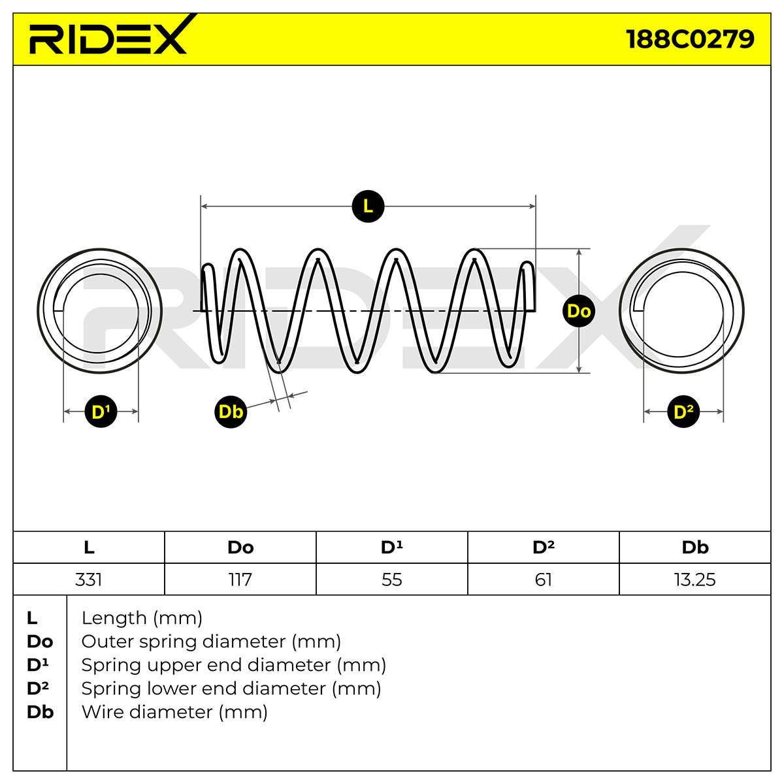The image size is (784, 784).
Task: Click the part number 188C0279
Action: (690, 39)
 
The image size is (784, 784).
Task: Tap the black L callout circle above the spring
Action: (368, 206)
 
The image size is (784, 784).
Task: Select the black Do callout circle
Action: (579, 311)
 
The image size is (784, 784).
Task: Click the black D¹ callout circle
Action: (101, 412)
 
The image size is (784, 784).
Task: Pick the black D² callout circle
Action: (683, 412)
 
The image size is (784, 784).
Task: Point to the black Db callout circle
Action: (231, 412)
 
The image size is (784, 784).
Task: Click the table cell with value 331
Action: (89, 580)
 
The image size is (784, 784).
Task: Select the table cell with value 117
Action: (240, 580)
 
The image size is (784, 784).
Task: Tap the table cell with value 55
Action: (392, 580)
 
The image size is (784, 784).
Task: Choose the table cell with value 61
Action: (544, 580)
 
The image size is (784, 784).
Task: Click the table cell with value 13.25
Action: (695, 580)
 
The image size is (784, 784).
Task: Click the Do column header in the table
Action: (240, 547)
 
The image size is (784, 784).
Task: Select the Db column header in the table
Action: (695, 547)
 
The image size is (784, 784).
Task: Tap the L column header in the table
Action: (89, 547)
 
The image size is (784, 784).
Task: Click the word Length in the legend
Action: (114, 619)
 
